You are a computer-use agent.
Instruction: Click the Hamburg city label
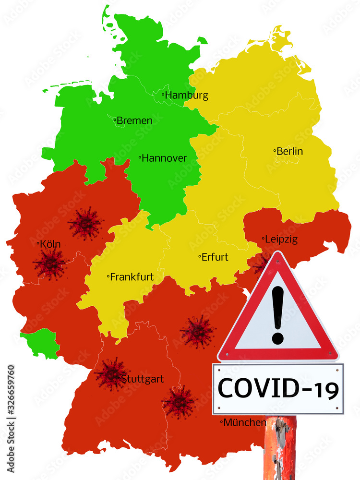[x=187, y=95]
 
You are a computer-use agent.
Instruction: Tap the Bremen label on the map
[x=134, y=120]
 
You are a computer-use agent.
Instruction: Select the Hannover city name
[x=164, y=158]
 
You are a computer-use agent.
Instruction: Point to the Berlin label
[x=289, y=151]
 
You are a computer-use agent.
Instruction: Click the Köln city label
[x=50, y=244]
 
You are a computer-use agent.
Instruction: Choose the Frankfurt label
[x=132, y=277]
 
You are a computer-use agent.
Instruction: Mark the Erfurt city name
[x=215, y=257]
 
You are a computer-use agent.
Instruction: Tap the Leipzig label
[x=281, y=239]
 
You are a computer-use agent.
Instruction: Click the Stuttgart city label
[x=142, y=379]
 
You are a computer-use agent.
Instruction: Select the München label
[x=245, y=422]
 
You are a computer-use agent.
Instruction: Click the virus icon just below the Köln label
[x=50, y=264]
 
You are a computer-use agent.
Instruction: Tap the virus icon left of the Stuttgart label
[x=110, y=374]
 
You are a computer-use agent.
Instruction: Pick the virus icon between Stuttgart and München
[x=179, y=401]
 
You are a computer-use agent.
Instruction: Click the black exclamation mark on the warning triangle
[x=277, y=314]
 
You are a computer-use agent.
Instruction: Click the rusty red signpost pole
[x=280, y=446]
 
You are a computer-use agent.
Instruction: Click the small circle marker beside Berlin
[x=275, y=151]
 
